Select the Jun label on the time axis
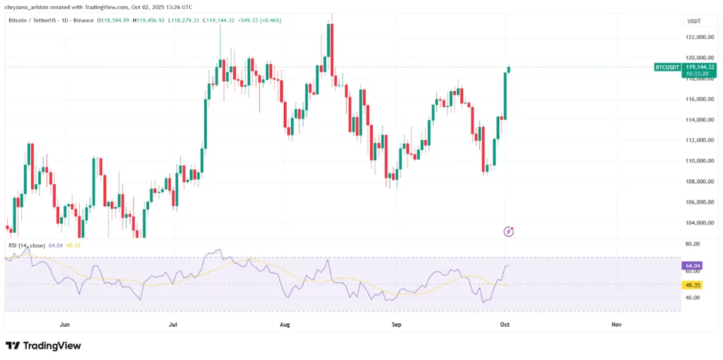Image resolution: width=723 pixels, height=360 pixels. [65, 325]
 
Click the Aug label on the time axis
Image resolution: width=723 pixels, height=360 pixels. [285, 325]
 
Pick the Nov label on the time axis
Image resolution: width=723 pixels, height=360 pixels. [616, 325]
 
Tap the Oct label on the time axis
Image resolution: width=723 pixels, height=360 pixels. [506, 325]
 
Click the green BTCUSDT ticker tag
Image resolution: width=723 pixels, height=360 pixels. [667, 67]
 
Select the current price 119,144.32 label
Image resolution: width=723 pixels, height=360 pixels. [700, 66]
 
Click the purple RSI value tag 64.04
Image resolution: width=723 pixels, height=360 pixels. [692, 266]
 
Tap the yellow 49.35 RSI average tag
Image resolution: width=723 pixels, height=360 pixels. [692, 284]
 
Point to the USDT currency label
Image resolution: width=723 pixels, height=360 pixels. [693, 21]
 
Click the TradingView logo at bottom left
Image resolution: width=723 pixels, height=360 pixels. [43, 346]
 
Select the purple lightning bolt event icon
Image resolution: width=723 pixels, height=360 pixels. [508, 231]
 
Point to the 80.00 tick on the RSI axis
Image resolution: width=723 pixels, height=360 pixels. [693, 244]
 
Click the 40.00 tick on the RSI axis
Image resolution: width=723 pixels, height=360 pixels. [693, 298]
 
